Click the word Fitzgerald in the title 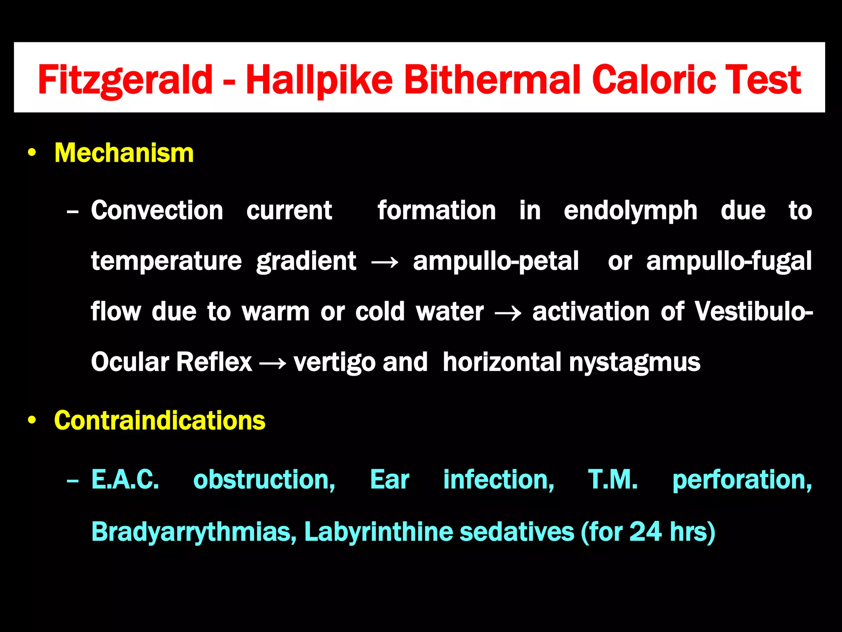point(125,80)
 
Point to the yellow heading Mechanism point(124,153)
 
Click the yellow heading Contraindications point(160,421)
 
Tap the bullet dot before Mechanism point(32,153)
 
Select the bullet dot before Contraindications point(32,421)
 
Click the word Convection point(157,211)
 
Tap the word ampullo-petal point(495,262)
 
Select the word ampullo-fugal point(729,262)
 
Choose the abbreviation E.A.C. point(125,480)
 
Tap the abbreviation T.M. point(613,480)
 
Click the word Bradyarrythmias point(194,532)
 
